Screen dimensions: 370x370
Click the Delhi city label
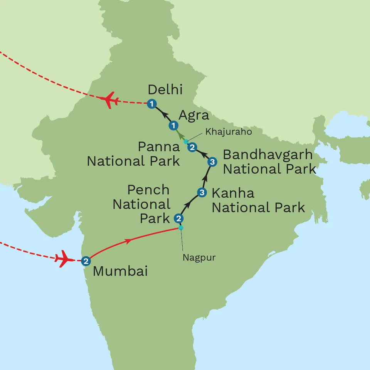[x=165, y=90]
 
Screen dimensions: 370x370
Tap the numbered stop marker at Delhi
[x=152, y=103]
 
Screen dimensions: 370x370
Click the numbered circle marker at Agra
[x=174, y=126]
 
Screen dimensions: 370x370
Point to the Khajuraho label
[x=229, y=132]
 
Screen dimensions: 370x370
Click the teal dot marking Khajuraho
[x=186, y=141]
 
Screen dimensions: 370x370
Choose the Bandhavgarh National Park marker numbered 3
[x=212, y=162]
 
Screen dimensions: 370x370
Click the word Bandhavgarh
[x=268, y=155]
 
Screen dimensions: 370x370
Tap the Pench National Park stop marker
[x=178, y=219]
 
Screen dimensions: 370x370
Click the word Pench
[x=148, y=190]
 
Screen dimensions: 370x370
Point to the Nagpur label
[x=199, y=257]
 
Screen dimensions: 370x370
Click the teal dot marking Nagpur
[x=180, y=228]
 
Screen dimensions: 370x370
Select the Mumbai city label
[x=120, y=271]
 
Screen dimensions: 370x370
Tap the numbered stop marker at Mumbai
[x=86, y=261]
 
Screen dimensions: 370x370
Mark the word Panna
[x=159, y=147]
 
